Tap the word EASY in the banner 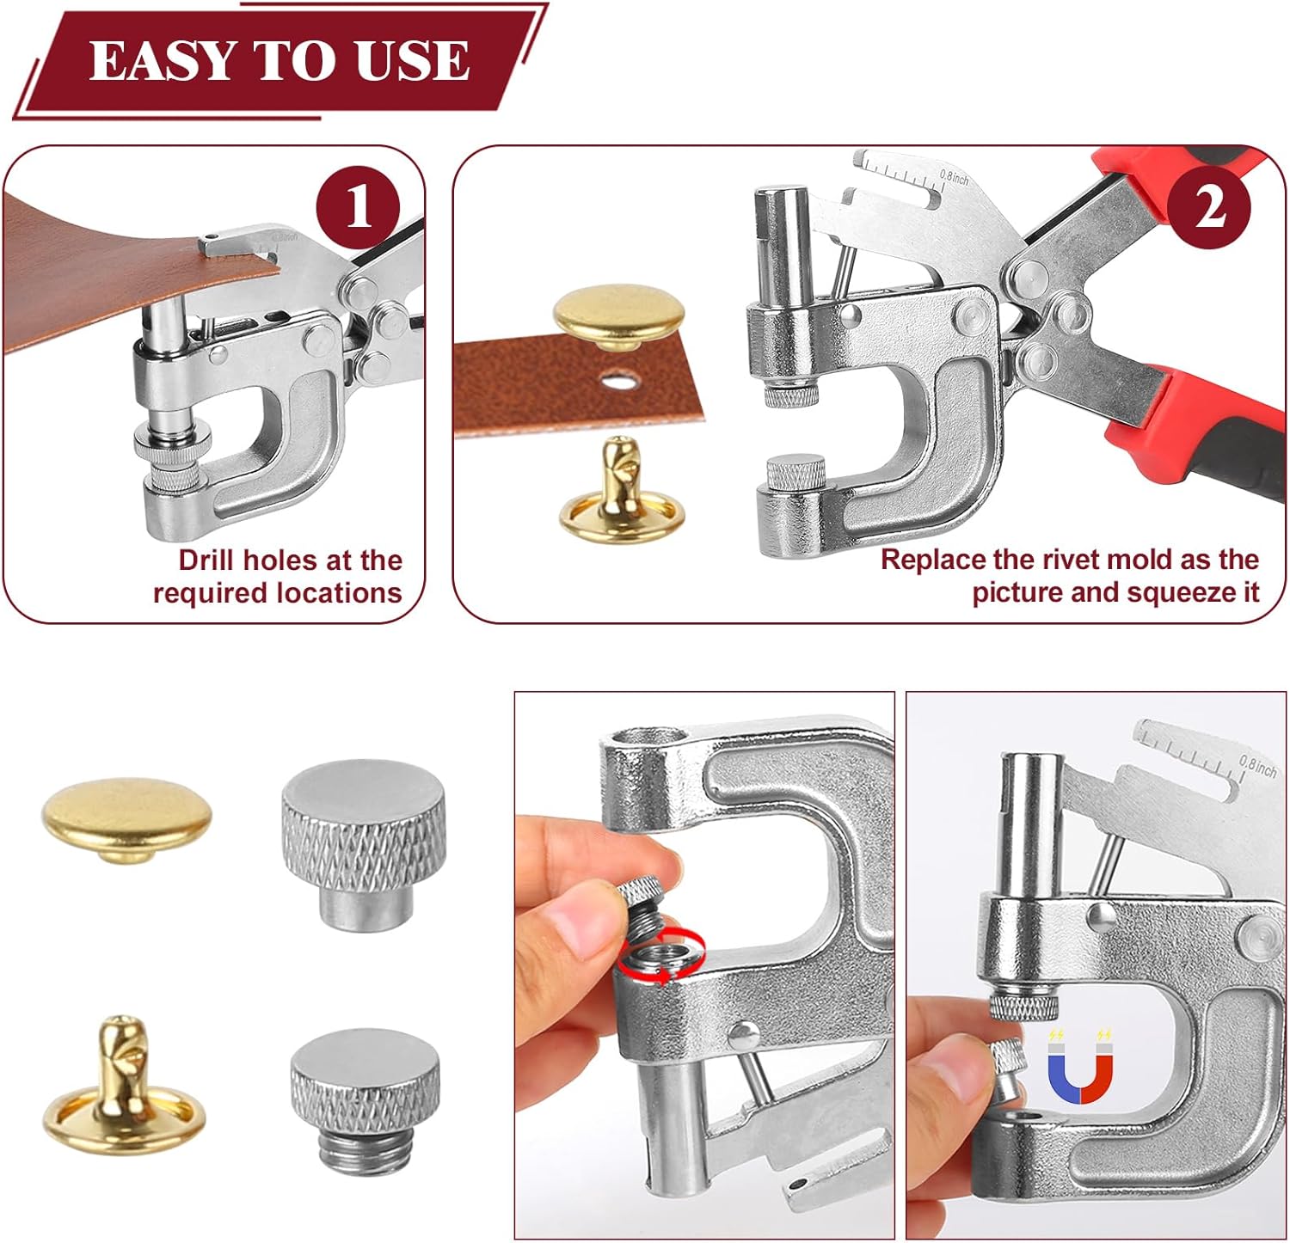(162, 60)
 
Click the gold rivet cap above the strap (619, 317)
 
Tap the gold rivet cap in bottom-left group (126, 822)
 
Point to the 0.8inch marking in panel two (954, 177)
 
